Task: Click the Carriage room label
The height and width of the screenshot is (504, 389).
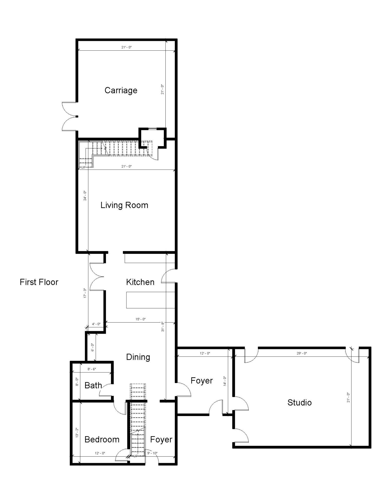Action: pyautogui.click(x=121, y=90)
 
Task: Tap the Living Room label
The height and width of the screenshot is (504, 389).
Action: pyautogui.click(x=124, y=205)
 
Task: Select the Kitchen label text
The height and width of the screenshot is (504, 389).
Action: pyautogui.click(x=140, y=282)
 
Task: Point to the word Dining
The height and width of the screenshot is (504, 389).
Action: pyautogui.click(x=138, y=357)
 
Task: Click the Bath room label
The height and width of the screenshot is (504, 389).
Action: pyautogui.click(x=93, y=385)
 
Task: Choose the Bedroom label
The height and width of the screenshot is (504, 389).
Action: pyautogui.click(x=102, y=439)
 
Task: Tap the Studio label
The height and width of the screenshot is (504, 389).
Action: pyautogui.click(x=299, y=402)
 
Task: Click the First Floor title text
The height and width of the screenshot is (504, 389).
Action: pyautogui.click(x=39, y=282)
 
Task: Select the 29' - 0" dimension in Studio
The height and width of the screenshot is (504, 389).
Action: pyautogui.click(x=302, y=353)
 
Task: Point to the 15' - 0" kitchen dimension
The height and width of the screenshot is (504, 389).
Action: pyautogui.click(x=140, y=319)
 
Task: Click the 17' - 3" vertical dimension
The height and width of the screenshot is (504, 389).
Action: pyautogui.click(x=85, y=293)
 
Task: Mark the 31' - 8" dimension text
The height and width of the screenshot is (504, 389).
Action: pyautogui.click(x=163, y=327)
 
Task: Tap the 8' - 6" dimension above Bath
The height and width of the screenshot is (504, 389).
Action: pyautogui.click(x=92, y=369)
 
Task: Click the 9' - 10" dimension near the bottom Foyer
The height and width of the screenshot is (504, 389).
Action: pyautogui.click(x=152, y=453)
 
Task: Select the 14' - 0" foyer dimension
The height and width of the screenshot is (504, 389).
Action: pyautogui.click(x=225, y=381)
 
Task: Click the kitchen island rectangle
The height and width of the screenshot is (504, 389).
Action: pyautogui.click(x=150, y=300)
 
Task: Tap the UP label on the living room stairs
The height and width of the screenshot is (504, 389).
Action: pyautogui.click(x=83, y=167)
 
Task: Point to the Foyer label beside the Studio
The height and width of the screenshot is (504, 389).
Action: pyautogui.click(x=201, y=381)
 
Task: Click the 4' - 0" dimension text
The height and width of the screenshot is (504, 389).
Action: pyautogui.click(x=96, y=324)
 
